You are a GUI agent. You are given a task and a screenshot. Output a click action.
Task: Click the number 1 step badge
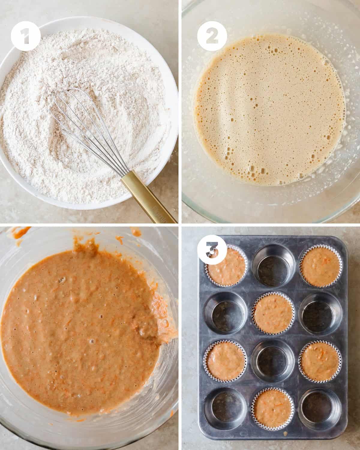[25, 36]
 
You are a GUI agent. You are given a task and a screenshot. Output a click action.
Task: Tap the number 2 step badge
[212, 36]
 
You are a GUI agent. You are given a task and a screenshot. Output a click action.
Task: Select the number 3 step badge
[212, 249]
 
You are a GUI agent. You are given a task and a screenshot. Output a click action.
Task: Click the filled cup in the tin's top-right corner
[321, 266]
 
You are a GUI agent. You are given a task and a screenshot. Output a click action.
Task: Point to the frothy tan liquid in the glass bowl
[270, 110]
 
